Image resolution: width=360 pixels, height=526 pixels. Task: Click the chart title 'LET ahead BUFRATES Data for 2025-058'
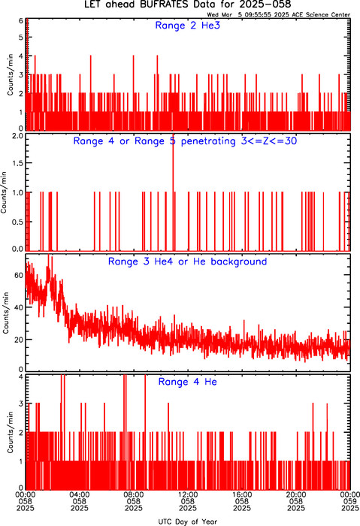pos(188,5)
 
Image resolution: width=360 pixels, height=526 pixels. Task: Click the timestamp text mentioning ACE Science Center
pos(279,15)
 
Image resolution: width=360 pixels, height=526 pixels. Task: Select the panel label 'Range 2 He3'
pos(188,26)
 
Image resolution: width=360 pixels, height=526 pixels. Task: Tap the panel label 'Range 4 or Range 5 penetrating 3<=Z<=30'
pos(185,141)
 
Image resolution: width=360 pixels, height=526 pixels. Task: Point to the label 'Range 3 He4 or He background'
pos(188,261)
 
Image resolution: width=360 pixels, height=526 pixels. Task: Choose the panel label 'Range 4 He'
pos(188,382)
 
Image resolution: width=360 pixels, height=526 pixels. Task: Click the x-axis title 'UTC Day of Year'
pos(188,521)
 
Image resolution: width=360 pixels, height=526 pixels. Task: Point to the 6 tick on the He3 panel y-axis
pos(21,21)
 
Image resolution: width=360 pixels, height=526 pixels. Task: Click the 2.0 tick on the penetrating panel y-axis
pos(17,136)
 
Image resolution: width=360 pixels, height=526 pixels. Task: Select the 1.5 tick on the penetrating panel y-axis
pos(17,163)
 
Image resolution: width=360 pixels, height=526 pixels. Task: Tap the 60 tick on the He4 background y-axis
pos(19,276)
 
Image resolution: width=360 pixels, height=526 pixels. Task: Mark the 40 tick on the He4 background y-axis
pos(19,307)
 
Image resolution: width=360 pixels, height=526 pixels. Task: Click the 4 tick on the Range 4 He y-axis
pos(21,376)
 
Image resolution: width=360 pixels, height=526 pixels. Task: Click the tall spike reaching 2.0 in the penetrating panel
pos(173,193)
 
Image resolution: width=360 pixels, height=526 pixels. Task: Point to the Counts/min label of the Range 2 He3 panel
pos(11,74)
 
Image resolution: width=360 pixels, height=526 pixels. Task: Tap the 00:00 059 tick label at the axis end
pos(350,501)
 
